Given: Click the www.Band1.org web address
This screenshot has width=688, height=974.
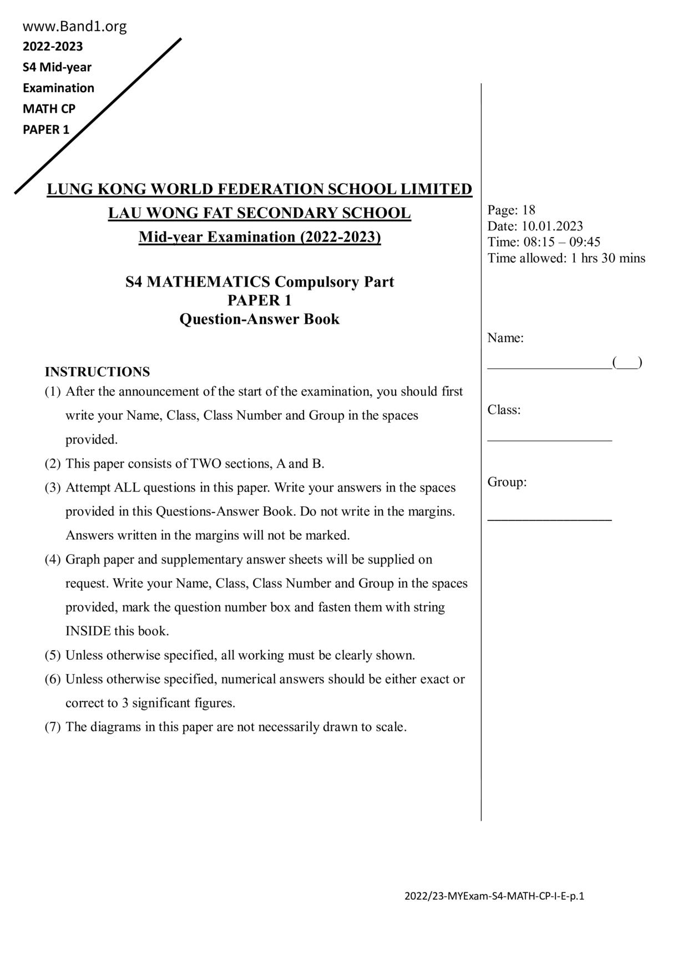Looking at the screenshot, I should point(74,26).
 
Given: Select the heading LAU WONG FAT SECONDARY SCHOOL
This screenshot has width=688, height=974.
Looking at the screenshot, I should point(259,213).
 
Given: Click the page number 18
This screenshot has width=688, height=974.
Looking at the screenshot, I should point(529,210).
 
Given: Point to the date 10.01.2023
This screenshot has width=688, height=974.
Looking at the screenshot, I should point(552,226).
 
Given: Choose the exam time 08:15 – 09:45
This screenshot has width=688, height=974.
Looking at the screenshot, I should point(561,242).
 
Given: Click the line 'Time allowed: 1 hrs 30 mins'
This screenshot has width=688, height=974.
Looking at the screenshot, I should point(566,258).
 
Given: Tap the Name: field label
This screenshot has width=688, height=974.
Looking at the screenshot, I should point(505,338).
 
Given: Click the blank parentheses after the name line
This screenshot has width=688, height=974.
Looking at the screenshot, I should point(628,363).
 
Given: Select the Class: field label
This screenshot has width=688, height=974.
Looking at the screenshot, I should point(504,410).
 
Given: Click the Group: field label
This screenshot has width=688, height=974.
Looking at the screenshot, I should point(507,482).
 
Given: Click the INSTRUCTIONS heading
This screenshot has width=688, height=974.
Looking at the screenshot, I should point(97,371).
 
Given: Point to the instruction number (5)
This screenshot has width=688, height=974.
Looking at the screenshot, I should point(53,655).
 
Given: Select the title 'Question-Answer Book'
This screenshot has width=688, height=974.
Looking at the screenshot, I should point(259,319).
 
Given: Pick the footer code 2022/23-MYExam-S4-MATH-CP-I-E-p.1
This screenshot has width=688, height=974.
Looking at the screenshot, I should point(494,896).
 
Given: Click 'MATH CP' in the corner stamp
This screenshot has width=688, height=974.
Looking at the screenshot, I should point(49,109).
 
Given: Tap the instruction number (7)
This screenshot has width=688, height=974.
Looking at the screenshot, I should point(53,727).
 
